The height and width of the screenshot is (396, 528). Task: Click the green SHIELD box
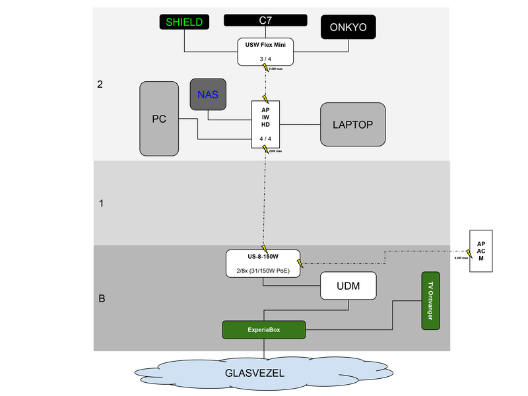click(x=184, y=22)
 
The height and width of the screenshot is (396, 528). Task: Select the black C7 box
click(x=265, y=20)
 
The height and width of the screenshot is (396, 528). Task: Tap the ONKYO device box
click(x=348, y=28)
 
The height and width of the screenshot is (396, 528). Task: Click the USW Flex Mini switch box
click(x=265, y=51)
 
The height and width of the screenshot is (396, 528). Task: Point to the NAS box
click(x=208, y=94)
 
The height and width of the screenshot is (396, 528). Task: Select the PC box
click(x=159, y=119)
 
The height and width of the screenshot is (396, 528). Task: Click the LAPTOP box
click(x=352, y=124)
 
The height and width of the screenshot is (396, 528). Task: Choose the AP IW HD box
click(x=265, y=124)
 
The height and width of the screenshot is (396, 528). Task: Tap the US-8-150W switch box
click(x=263, y=263)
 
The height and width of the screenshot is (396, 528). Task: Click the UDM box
click(x=348, y=286)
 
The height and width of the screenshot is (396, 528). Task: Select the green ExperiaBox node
click(x=264, y=329)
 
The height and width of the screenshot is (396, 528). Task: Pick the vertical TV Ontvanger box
click(x=431, y=300)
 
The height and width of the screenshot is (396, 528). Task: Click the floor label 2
click(x=100, y=84)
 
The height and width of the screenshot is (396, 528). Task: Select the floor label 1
click(x=101, y=203)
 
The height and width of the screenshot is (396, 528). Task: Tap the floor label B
click(x=102, y=298)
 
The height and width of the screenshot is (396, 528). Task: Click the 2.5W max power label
click(x=276, y=69)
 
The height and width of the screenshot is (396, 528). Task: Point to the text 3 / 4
click(x=265, y=59)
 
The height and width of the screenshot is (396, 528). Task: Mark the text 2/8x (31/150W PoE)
click(x=263, y=271)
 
